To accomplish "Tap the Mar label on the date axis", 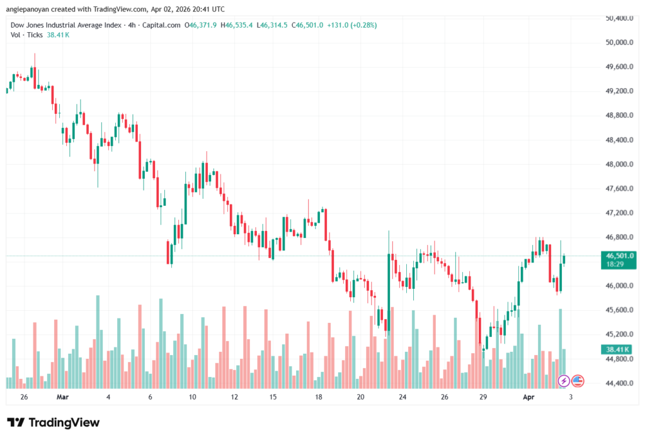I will click(62, 398).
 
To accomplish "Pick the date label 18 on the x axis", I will click(319, 398).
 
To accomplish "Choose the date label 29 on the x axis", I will click(483, 398).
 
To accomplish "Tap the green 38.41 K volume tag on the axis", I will click(619, 349).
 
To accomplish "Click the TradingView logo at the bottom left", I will click(53, 422).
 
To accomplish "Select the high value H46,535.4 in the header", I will click(237, 25).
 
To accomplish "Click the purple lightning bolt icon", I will click(564, 381).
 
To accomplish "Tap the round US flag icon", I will click(578, 381).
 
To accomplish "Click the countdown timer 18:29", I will click(614, 265).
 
